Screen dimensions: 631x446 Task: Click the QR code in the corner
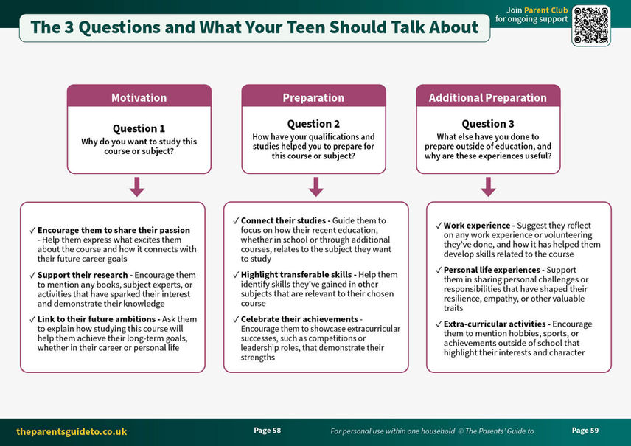coord(590,25)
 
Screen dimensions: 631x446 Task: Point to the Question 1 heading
coord(139,128)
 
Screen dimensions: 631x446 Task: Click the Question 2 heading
coord(313,124)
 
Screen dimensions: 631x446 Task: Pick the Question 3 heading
coord(488,124)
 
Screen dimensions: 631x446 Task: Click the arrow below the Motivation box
coord(137,187)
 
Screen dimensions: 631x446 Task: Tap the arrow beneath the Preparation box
coord(316,187)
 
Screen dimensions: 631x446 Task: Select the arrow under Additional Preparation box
coord(488,187)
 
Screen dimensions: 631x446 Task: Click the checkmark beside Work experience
coord(439,226)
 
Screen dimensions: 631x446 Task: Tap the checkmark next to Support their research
coord(32,275)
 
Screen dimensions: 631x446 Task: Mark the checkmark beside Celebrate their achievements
coord(236,319)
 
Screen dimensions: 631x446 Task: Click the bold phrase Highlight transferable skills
coord(296,274)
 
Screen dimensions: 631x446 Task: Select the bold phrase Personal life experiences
coord(492,270)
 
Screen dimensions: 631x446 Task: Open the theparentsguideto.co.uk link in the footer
coord(72,431)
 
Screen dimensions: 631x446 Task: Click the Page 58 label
coord(267,431)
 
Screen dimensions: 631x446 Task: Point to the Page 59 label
coord(585,431)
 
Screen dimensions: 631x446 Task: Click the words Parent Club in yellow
coord(545,10)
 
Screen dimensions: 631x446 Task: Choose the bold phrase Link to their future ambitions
coord(97,318)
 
